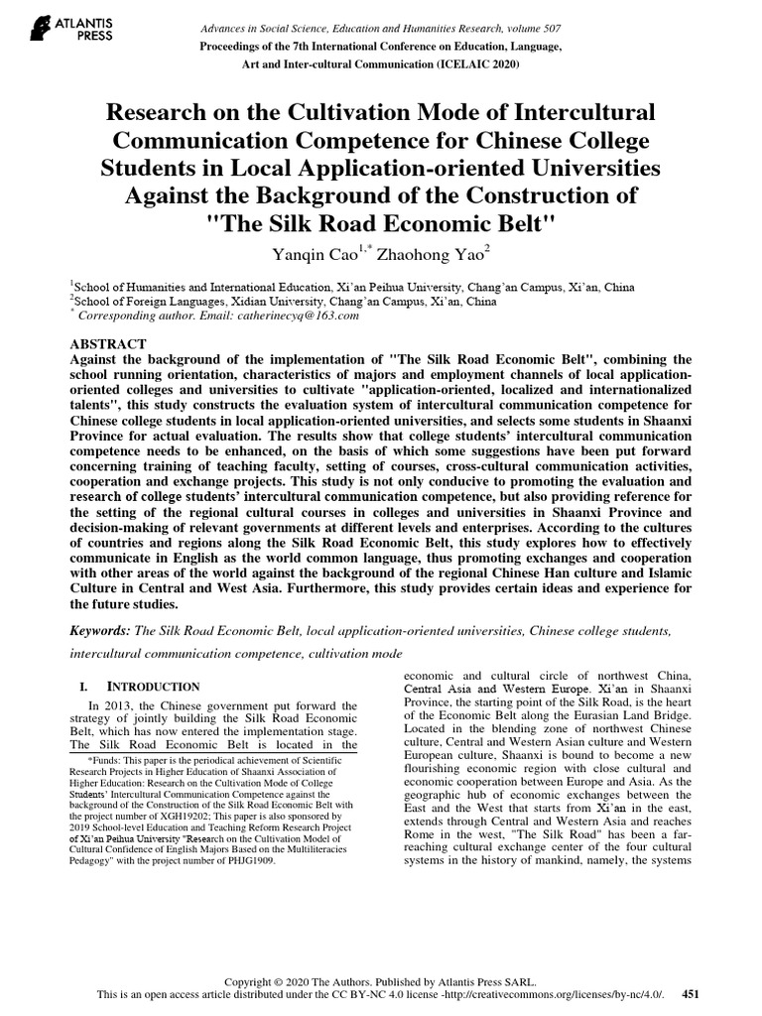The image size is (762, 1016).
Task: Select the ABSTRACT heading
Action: click(105, 337)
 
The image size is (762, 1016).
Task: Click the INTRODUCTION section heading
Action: click(153, 687)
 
